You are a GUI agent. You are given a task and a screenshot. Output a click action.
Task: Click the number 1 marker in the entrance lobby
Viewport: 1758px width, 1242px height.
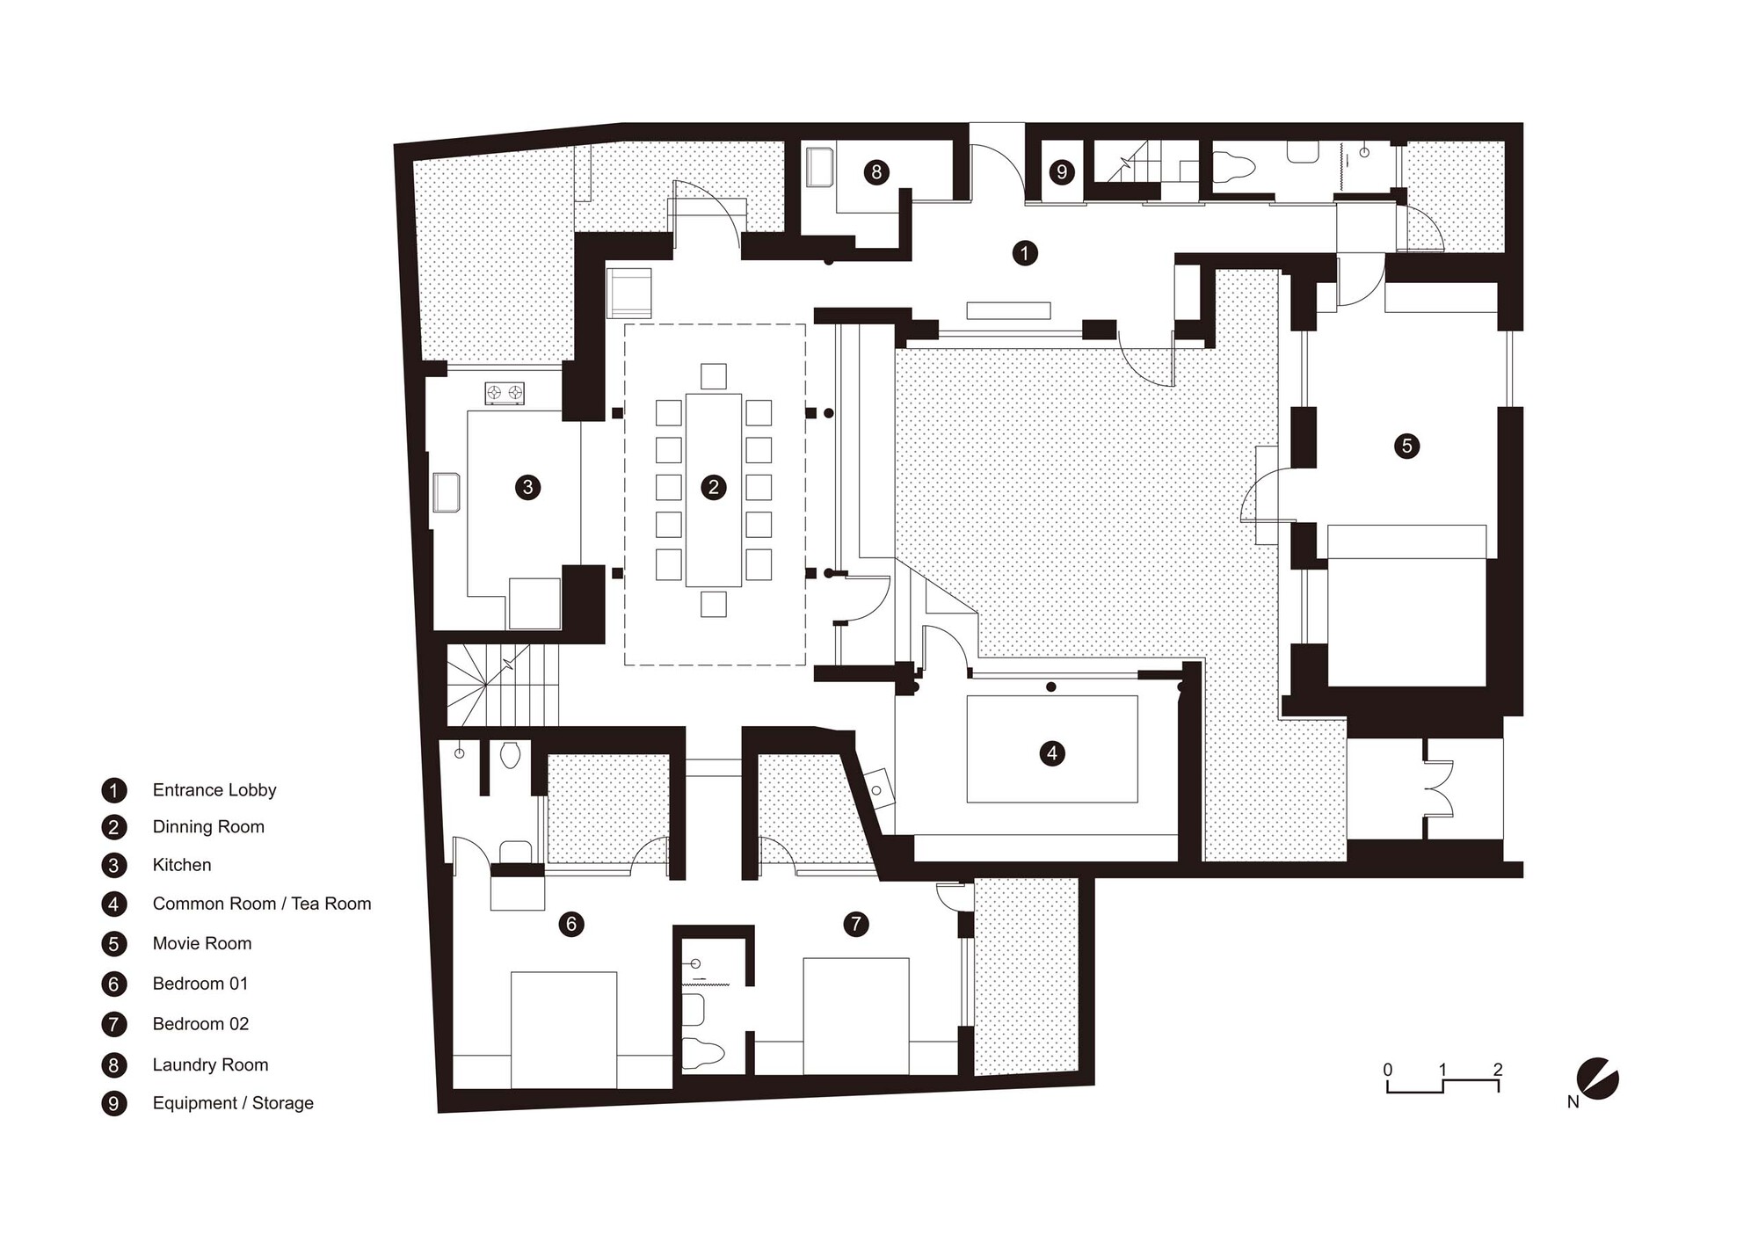pyautogui.click(x=1024, y=253)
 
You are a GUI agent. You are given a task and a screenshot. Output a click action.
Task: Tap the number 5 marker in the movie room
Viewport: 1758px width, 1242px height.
pyautogui.click(x=1406, y=446)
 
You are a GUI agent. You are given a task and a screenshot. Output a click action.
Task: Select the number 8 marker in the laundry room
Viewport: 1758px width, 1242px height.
pyautogui.click(x=875, y=171)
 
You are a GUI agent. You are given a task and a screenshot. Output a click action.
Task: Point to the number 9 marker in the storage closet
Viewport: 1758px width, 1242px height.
pyautogui.click(x=1062, y=171)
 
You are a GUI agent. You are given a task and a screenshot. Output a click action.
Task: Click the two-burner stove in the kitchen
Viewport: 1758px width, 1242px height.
pyautogui.click(x=505, y=393)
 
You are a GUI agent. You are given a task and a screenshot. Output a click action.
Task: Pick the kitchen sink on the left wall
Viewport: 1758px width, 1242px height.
pyautogui.click(x=446, y=492)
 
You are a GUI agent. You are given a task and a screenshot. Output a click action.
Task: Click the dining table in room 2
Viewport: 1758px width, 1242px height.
pyautogui.click(x=714, y=490)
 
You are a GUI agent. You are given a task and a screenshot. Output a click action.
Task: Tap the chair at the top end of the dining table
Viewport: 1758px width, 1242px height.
pyautogui.click(x=714, y=376)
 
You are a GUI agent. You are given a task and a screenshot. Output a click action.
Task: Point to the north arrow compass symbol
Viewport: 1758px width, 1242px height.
pyautogui.click(x=1597, y=1079)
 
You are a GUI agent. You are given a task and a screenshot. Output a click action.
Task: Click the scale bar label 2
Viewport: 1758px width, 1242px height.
pyautogui.click(x=1498, y=1070)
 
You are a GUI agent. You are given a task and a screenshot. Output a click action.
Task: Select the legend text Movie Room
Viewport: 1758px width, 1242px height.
pyautogui.click(x=202, y=943)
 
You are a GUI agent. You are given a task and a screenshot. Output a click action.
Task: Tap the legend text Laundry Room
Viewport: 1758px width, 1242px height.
pyautogui.click(x=210, y=1064)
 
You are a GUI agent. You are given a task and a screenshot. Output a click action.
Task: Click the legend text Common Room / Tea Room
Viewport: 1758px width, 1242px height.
pyautogui.click(x=262, y=904)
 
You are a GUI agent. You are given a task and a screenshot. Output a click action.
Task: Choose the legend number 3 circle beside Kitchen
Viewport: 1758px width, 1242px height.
pyautogui.click(x=113, y=865)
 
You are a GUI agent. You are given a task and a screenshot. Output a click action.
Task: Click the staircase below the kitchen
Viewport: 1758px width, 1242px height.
pyautogui.click(x=503, y=685)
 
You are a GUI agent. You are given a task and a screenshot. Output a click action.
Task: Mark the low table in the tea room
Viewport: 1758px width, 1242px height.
pyautogui.click(x=1052, y=748)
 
